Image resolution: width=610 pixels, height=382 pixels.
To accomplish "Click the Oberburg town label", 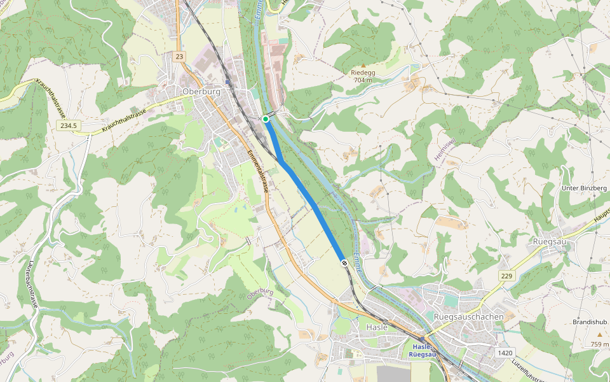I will tap(201, 92).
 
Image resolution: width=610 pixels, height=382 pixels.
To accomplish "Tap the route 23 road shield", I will tap(180, 57).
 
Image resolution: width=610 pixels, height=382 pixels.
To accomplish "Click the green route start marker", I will tap(266, 118).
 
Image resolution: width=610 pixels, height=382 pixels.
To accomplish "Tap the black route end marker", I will tap(344, 262).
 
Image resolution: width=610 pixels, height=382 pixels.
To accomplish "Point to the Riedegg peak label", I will tap(363, 73).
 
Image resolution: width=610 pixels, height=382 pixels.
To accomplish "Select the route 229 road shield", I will tap(506, 275).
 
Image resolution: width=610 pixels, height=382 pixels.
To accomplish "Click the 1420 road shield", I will tap(505, 352).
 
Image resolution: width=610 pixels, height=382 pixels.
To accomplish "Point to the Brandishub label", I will tap(590, 322).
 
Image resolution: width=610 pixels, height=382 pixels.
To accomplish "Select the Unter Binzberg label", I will tap(584, 188).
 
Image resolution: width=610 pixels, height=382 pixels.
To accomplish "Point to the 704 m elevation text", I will tap(363, 80).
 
